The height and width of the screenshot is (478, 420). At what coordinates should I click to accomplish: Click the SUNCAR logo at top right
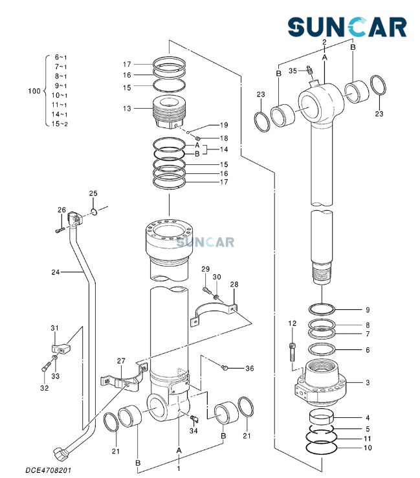pos(348,27)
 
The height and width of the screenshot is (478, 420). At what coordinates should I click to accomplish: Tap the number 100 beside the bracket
pos(34,91)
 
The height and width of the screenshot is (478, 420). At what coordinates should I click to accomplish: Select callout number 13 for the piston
pos(127,108)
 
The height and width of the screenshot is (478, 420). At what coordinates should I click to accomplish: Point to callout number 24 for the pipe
pos(55,272)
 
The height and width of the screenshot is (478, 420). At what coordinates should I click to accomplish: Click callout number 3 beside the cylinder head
pos(368,383)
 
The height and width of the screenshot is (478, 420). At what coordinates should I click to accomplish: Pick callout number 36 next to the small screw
pos(249,368)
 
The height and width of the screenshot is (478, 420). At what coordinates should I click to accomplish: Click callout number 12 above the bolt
pos(292,323)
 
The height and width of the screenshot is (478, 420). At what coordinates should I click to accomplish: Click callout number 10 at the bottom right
pos(368,448)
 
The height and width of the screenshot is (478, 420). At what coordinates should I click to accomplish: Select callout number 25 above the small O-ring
pos(93,193)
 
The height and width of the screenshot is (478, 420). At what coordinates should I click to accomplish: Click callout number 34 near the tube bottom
pos(193,431)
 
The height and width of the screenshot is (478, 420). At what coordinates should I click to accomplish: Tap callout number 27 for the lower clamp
pos(120,360)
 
